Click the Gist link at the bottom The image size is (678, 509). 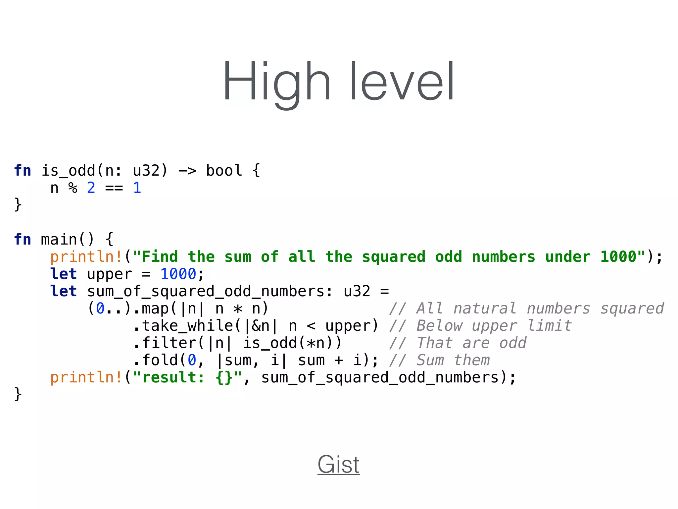click(x=338, y=464)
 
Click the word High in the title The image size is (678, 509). click(x=277, y=81)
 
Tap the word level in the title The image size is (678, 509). click(x=402, y=81)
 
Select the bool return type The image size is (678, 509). click(x=224, y=171)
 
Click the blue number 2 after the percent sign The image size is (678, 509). click(x=91, y=188)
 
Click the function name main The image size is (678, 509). click(x=59, y=239)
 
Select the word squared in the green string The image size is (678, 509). click(x=394, y=257)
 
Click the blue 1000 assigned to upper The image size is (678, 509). click(x=178, y=274)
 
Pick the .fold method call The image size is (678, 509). click(x=156, y=360)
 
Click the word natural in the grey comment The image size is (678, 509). click(x=485, y=309)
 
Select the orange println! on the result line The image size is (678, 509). click(x=86, y=377)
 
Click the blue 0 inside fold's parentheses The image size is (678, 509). click(x=192, y=360)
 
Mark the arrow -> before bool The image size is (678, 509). click(x=187, y=171)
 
